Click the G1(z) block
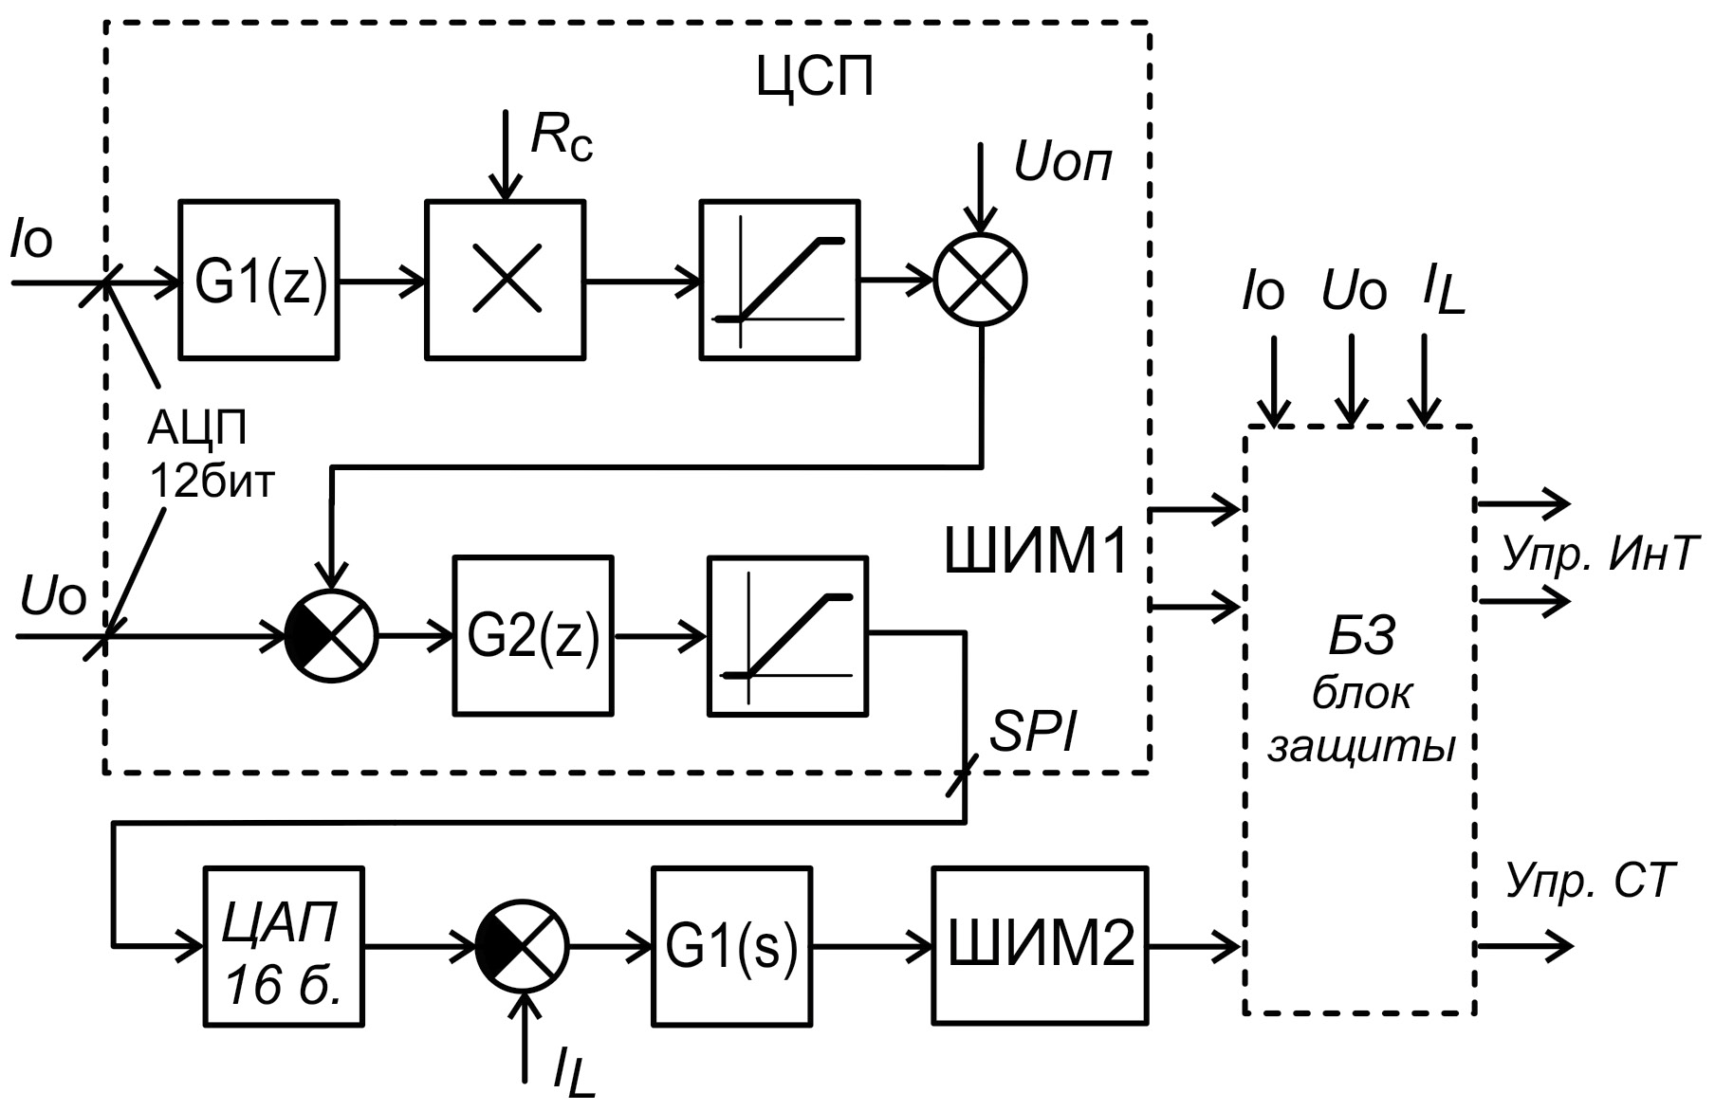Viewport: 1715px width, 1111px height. coord(259,281)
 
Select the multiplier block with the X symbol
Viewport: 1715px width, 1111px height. coord(505,281)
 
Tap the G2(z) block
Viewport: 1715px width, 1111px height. coord(533,636)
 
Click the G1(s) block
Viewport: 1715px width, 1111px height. coord(731,945)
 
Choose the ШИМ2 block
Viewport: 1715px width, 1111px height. coord(1041,945)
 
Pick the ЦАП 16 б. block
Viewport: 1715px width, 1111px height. coord(284,946)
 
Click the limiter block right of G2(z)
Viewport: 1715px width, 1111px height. coord(787,636)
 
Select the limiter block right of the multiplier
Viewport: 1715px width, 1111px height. coord(780,281)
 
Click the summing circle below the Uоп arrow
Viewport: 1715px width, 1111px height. coord(981,281)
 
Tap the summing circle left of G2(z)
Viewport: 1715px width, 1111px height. coord(331,636)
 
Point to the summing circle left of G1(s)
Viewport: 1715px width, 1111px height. coord(522,945)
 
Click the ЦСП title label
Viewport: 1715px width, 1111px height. coord(815,77)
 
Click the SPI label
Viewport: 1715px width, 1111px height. coord(1034,732)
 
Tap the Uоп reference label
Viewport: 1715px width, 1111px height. coord(1062,163)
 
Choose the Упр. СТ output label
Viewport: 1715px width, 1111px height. coord(1591,881)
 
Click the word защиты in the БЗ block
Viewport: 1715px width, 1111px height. coord(1361,747)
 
